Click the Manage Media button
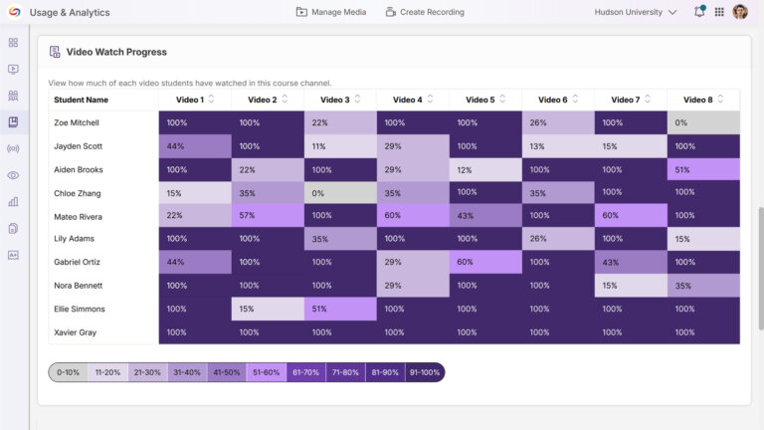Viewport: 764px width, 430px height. click(x=331, y=12)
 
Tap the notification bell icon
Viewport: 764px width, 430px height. click(x=699, y=12)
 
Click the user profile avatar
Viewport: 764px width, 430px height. click(x=740, y=12)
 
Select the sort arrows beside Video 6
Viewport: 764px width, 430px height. click(x=576, y=100)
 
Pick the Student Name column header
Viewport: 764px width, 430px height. click(x=82, y=100)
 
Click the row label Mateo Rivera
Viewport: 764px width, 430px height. click(x=80, y=216)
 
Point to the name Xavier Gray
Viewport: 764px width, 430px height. click(x=76, y=332)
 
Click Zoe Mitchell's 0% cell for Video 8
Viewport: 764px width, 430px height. click(x=703, y=122)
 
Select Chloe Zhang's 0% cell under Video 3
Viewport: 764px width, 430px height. click(x=340, y=193)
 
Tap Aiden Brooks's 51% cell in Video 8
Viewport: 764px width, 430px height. click(x=703, y=169)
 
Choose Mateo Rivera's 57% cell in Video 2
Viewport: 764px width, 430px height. click(x=268, y=216)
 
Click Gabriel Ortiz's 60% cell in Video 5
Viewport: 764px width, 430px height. click(x=485, y=263)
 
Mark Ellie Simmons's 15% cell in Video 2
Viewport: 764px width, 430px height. click(x=268, y=309)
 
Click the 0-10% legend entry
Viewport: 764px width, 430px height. click(x=69, y=372)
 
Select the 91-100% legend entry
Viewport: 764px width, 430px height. click(x=425, y=372)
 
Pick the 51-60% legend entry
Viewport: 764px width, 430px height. click(x=267, y=372)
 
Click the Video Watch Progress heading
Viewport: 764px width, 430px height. click(x=115, y=52)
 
